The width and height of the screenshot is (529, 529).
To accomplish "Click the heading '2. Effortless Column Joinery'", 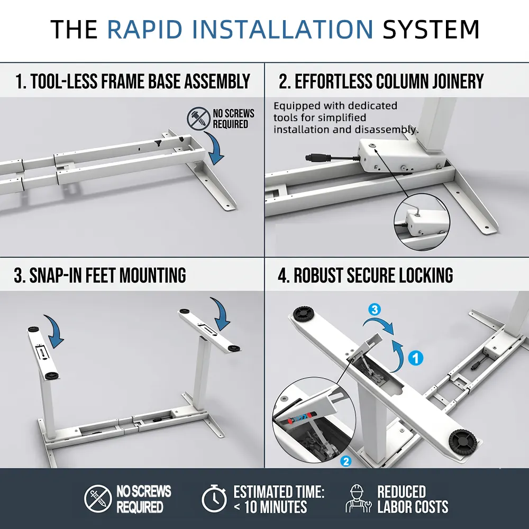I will point(381,81).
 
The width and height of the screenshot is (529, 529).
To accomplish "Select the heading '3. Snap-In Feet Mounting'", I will point(100,276).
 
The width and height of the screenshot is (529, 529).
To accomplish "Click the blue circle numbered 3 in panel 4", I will point(375,310).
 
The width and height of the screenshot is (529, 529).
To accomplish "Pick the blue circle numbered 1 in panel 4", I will point(417,358).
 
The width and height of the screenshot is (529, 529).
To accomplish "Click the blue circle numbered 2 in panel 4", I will point(346,461).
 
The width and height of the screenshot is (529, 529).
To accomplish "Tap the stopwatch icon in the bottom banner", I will point(214,498).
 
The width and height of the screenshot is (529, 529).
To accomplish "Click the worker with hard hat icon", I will point(358,499).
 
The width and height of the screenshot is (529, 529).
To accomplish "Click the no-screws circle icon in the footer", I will point(98,498).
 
